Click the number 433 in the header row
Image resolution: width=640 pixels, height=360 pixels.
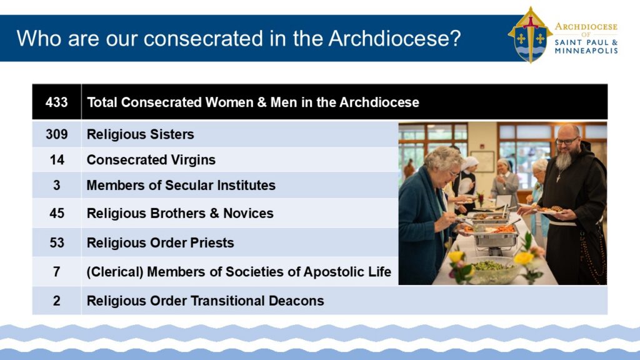coord(56,102)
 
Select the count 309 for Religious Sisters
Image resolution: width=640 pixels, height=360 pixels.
coord(57,134)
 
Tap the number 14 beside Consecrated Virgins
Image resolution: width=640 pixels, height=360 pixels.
coord(57,159)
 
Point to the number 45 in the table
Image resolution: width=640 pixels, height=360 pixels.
coord(57,213)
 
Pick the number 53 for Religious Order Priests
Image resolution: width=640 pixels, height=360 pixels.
coord(57,243)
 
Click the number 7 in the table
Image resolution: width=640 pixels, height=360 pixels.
coord(57,272)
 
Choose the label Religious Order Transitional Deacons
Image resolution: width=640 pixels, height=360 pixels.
coord(205,301)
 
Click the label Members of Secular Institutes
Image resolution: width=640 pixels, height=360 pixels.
coord(181,185)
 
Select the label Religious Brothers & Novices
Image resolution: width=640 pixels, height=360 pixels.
coord(180,214)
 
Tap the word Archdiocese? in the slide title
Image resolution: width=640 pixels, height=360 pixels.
coord(395,38)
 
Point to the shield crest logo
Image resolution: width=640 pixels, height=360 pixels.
coord(530,35)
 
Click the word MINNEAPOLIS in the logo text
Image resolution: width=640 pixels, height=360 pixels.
coord(586,51)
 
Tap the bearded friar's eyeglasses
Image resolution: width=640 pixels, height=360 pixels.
coord(567,141)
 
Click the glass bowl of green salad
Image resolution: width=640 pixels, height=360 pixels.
coord(491,269)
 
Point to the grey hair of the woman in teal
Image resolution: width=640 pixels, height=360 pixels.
coord(443,157)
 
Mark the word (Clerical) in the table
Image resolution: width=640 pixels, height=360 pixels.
coord(115,272)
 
